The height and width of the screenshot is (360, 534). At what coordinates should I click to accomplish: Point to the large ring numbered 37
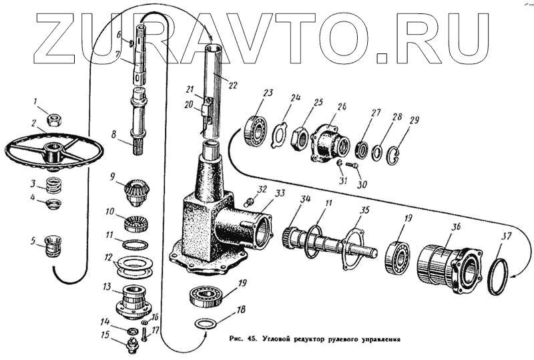[x=498, y=275]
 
